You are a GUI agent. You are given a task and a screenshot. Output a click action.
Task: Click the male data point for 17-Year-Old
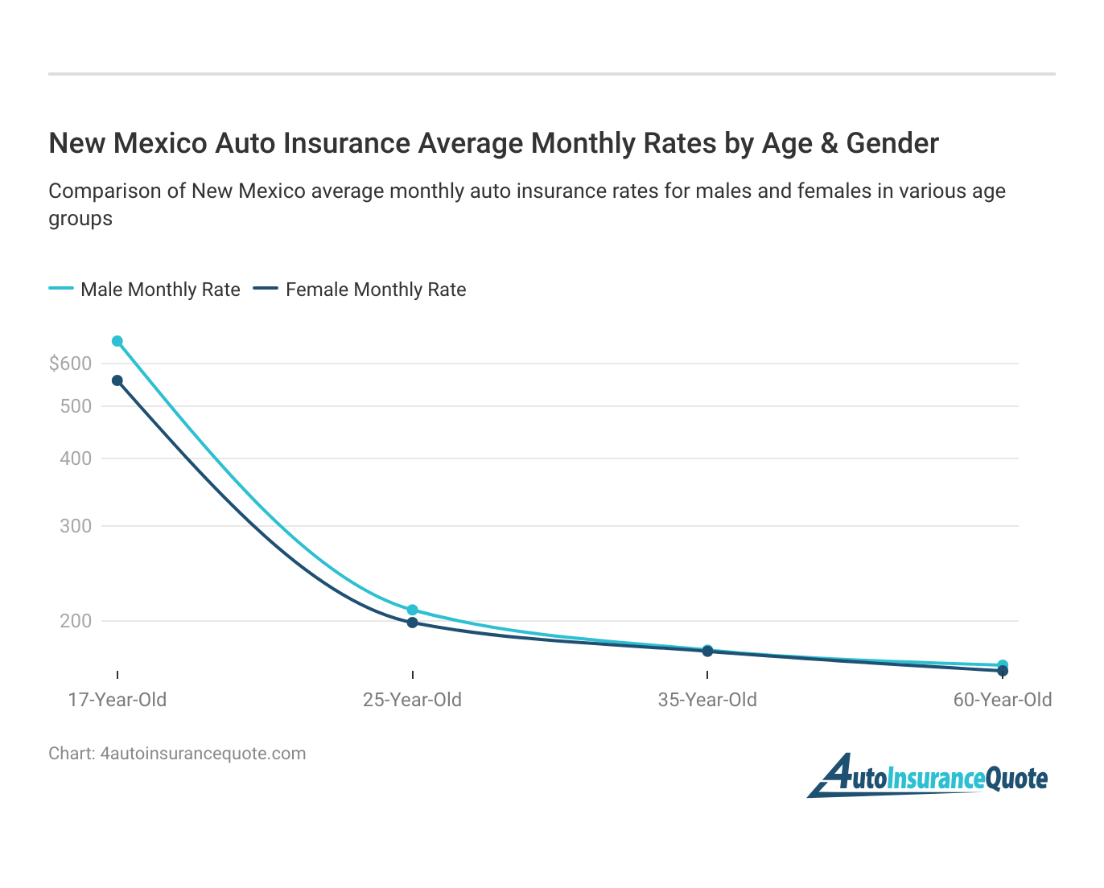(117, 342)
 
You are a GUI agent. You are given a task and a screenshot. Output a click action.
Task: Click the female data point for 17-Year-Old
(117, 380)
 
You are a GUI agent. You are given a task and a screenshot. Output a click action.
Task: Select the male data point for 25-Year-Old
(413, 610)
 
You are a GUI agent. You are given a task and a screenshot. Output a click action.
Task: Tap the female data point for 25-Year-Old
(413, 623)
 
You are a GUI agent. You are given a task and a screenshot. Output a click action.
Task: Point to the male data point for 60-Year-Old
(1003, 665)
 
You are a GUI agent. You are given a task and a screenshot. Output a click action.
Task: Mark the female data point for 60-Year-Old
(1003, 671)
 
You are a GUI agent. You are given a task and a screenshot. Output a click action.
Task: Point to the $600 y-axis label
(71, 364)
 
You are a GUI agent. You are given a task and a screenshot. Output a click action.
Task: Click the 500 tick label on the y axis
(76, 406)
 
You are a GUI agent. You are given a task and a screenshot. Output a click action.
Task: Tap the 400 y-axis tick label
(76, 458)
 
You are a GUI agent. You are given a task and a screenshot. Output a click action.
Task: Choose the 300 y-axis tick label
(76, 526)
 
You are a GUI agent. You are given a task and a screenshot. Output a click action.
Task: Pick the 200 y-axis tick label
(76, 621)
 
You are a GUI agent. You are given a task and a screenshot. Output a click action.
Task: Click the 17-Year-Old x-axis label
(117, 700)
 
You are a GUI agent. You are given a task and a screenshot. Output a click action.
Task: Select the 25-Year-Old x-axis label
(413, 700)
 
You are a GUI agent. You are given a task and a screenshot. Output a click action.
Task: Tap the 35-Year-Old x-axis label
(707, 700)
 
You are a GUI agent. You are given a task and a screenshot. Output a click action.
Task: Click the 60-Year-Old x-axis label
(1003, 700)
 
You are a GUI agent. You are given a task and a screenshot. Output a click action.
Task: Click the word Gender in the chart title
(892, 143)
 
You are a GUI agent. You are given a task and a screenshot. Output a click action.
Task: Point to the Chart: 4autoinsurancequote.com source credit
(177, 754)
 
